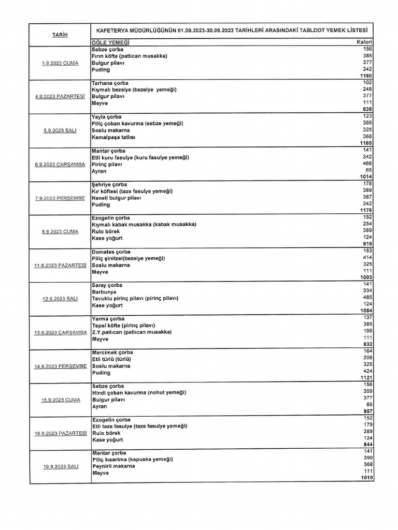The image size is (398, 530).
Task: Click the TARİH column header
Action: coord(60,35)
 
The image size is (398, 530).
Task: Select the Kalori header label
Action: coord(365,42)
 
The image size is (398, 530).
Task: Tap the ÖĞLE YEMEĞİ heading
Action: coord(110,42)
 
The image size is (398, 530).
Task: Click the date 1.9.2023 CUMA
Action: coord(60,63)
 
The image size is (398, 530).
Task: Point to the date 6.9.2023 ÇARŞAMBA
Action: coord(60,164)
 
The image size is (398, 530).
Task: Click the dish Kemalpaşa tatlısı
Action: coord(113,137)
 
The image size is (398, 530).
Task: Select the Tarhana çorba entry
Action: coord(110,83)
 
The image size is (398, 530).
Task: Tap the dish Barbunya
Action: coord(104,292)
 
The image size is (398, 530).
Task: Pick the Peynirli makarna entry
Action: coord(113,466)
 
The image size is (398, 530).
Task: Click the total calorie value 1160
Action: coord(366,76)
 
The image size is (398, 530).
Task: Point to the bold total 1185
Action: coord(366,143)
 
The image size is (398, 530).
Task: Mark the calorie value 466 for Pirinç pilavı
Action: coord(367,164)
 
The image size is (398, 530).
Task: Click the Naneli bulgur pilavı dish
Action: coord(117,198)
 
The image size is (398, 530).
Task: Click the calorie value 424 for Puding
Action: coord(367,373)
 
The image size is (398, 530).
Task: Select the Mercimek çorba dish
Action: coord(112,352)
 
